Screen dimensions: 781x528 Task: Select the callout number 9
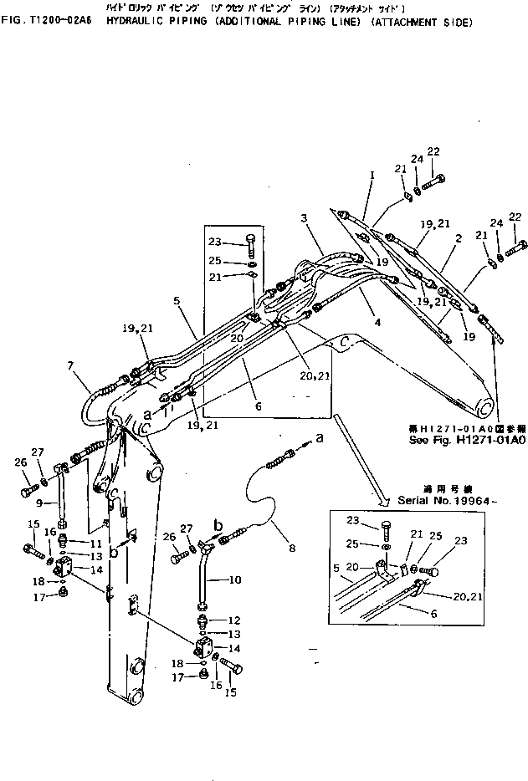tap(39, 503)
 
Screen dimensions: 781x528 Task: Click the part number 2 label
tap(459, 238)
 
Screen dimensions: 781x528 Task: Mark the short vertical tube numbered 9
tap(60, 504)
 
